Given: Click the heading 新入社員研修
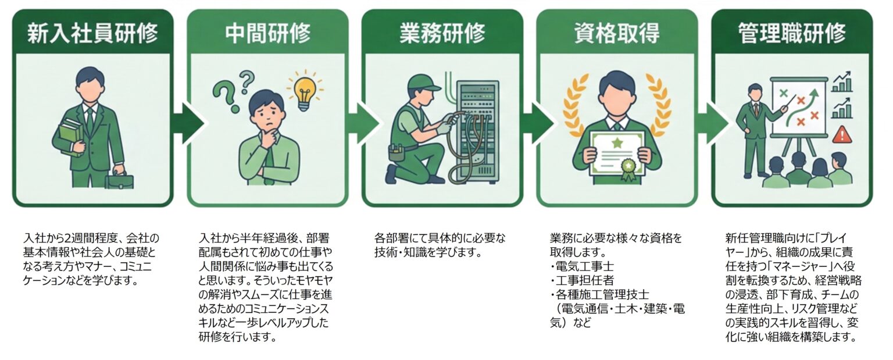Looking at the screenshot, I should pos(92,33).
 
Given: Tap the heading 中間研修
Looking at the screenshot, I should pos(267,33).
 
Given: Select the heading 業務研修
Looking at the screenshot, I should pos(442,33).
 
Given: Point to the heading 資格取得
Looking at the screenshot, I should pos(616,33).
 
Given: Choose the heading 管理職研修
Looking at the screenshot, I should pos(792,33).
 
